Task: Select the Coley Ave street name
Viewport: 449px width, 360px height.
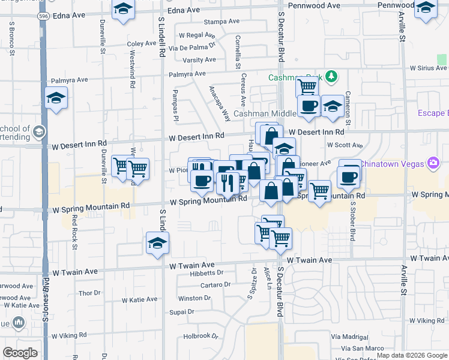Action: [x=142, y=44]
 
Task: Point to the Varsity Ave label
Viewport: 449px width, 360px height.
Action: [x=199, y=60]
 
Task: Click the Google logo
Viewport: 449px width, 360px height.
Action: [x=20, y=352]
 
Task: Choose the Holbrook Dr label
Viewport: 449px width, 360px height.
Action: [x=200, y=336]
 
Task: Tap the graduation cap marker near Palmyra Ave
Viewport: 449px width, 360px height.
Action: [x=56, y=98]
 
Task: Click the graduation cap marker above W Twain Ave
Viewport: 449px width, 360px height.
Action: [x=158, y=243]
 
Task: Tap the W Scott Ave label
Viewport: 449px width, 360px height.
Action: [x=345, y=145]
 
